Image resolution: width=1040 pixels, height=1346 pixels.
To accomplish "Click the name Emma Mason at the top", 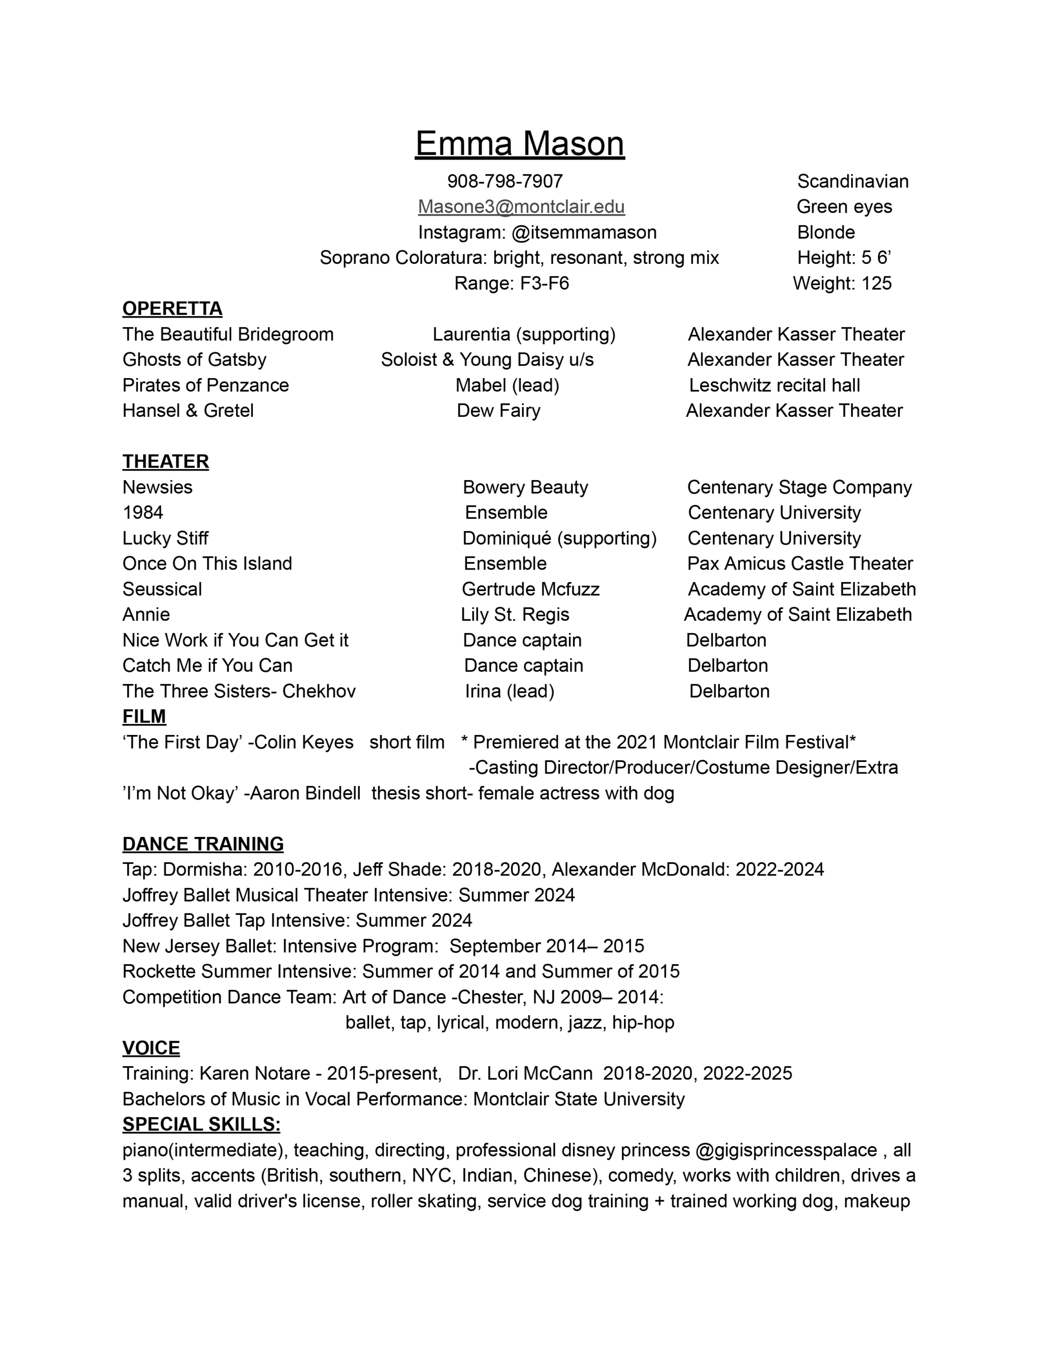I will point(519,144).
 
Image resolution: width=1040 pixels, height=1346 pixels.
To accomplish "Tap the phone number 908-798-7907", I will point(505,181).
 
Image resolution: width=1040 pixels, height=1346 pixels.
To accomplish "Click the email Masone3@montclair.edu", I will point(521,207).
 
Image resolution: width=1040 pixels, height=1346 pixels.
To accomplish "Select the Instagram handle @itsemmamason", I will point(584,232).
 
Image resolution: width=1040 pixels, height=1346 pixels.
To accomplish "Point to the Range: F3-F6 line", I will point(511,283).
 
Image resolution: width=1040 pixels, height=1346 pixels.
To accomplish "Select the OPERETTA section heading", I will point(172,308).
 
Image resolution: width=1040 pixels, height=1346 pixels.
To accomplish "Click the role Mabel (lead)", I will point(507,385).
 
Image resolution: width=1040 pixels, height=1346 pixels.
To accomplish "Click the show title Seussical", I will point(162,589).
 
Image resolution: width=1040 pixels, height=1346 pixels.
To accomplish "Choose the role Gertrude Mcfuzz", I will point(530,589).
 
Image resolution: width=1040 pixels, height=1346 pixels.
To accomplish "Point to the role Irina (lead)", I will point(509,691).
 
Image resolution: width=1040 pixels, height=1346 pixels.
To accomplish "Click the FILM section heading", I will point(144,716).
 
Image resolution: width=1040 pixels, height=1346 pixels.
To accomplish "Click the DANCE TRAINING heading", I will point(203,844).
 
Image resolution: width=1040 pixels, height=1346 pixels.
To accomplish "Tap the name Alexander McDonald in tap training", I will point(640,870).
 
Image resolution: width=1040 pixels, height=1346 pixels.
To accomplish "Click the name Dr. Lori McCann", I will point(525,1074).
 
